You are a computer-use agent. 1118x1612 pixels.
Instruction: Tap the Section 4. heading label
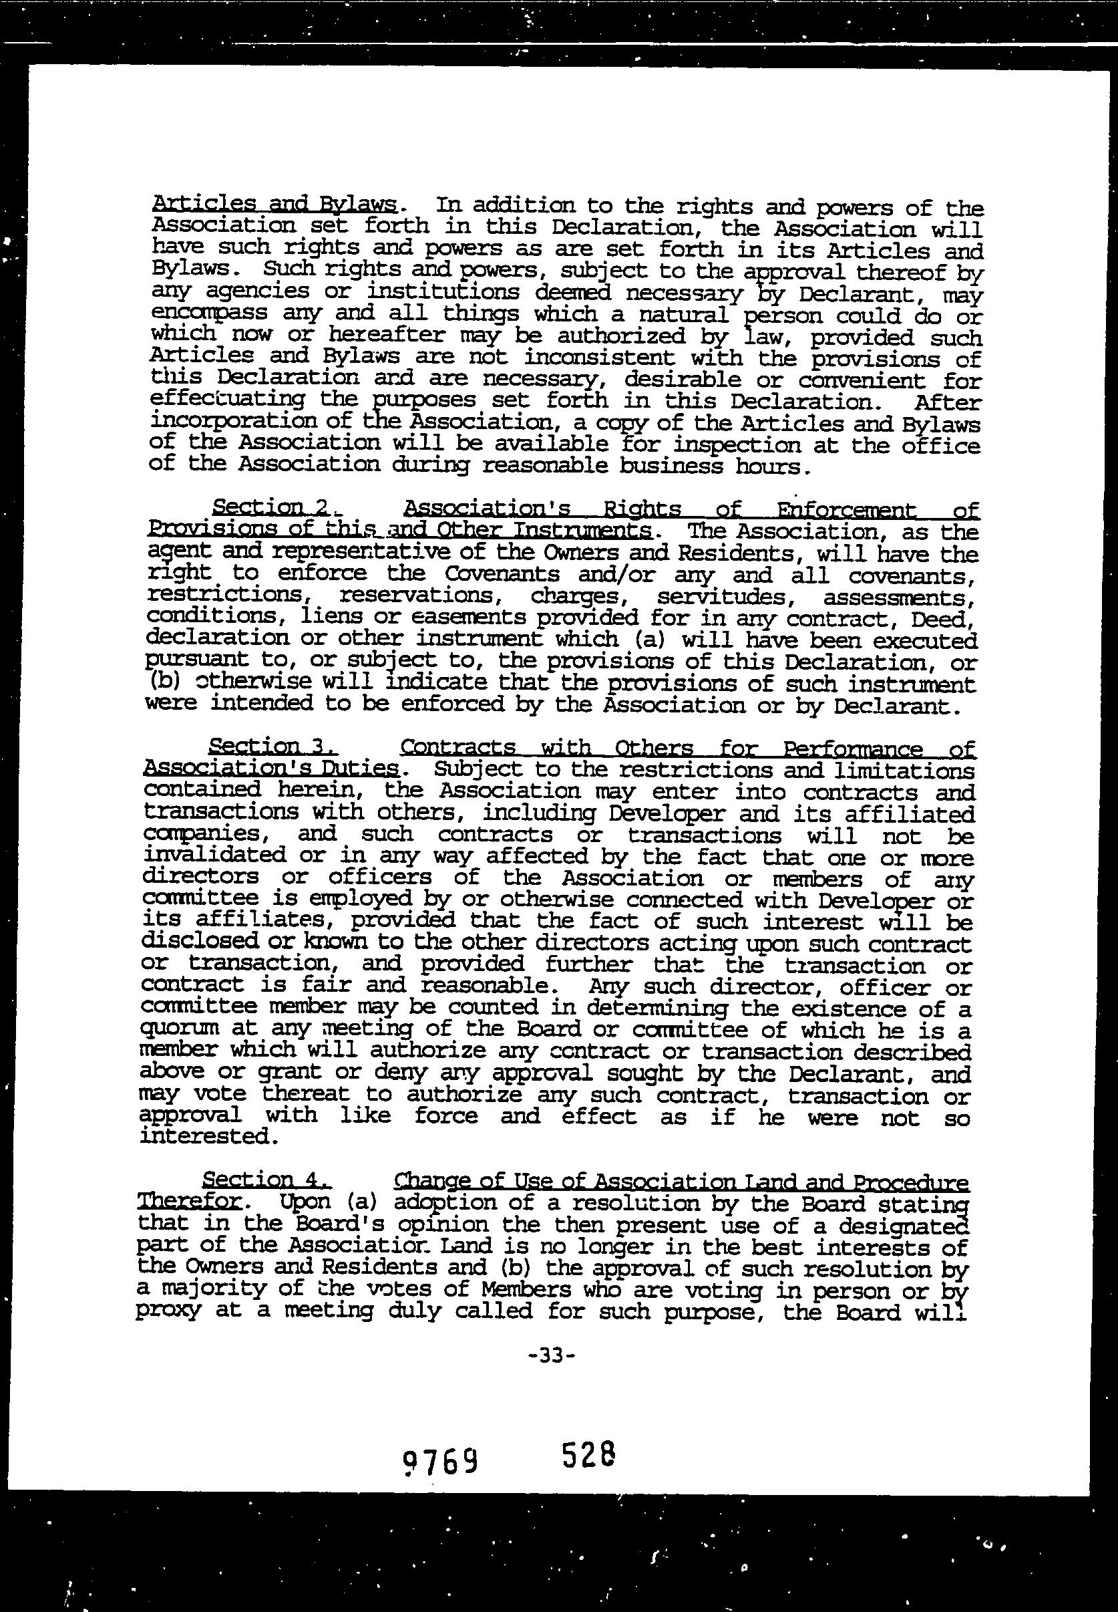(256, 1180)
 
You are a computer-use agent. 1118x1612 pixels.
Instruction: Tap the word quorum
(180, 1028)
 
